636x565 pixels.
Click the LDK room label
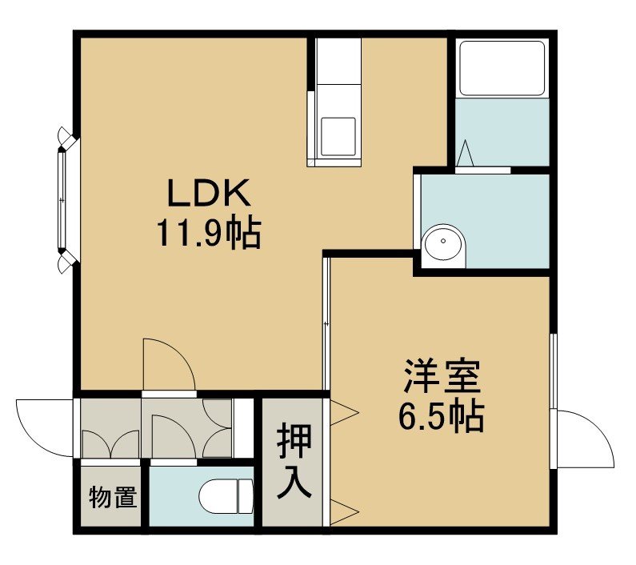[209, 193]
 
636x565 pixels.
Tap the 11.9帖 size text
[209, 234]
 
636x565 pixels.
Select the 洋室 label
[442, 377]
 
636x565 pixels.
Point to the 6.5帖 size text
[442, 417]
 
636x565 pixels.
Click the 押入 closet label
[294, 461]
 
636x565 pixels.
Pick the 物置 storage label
[113, 496]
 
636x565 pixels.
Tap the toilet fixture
[226, 496]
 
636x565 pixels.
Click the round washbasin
[443, 246]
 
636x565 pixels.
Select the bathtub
[502, 68]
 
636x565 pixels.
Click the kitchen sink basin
[338, 137]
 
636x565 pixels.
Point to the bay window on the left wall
[66, 200]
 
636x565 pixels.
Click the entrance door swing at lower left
[45, 427]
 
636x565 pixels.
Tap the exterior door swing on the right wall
[585, 439]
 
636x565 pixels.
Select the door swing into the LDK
[169, 363]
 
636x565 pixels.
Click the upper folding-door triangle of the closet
[344, 413]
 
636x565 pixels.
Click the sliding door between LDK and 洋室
[326, 323]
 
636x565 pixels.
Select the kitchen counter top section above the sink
[338, 62]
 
